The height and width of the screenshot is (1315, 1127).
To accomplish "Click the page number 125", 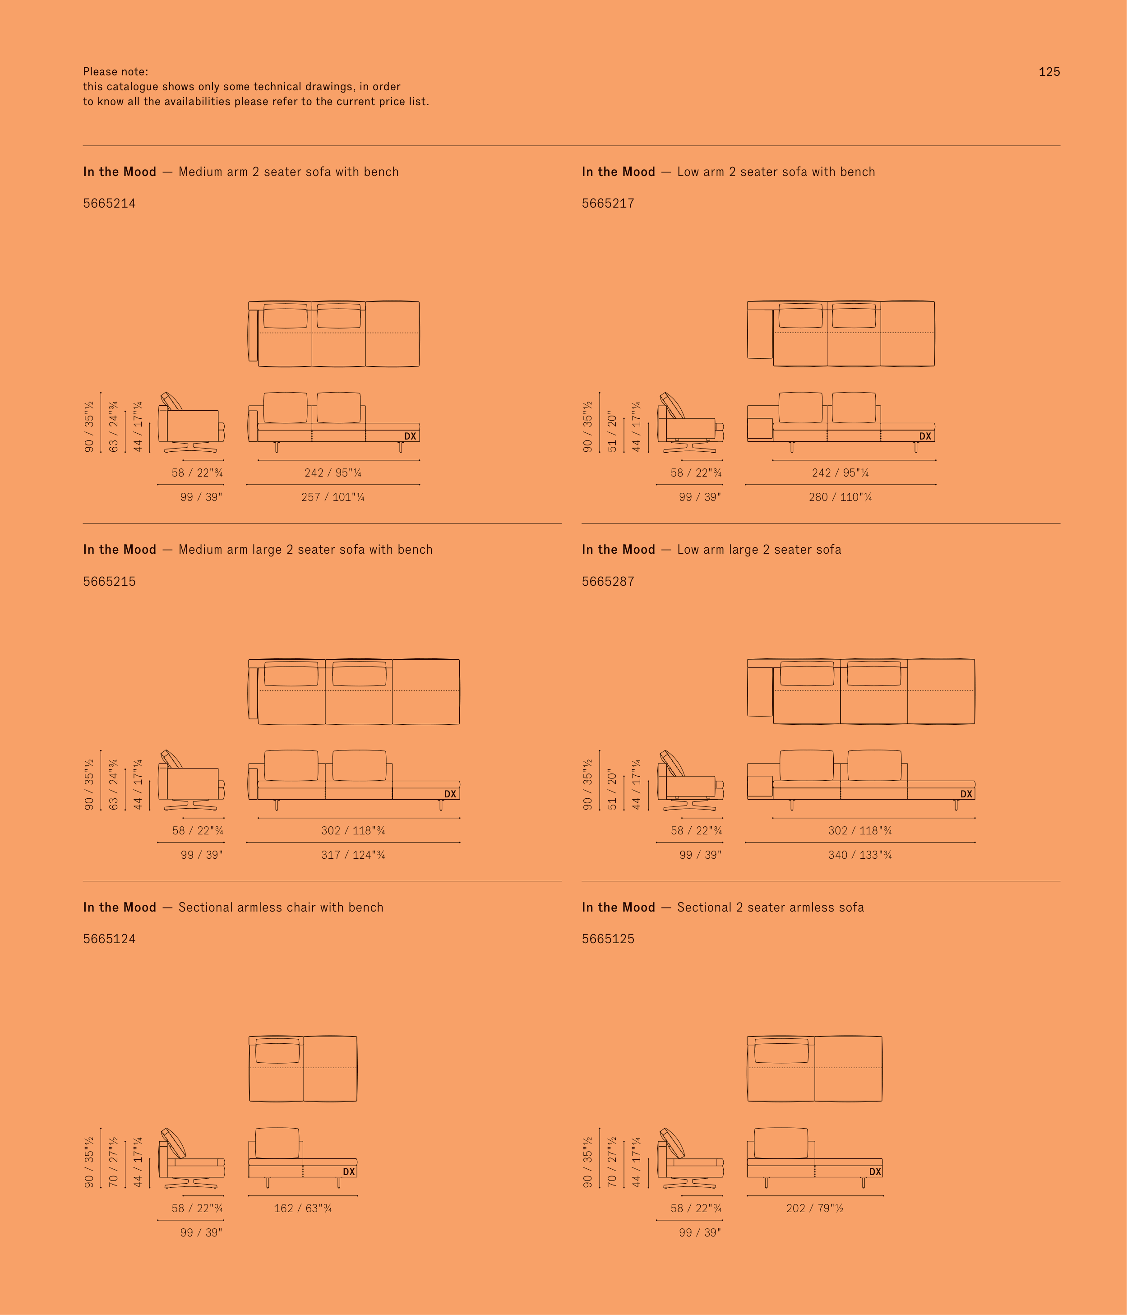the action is [1049, 72].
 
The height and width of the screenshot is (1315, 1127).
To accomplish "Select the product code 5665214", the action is [109, 203].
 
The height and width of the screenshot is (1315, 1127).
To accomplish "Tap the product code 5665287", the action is [608, 581].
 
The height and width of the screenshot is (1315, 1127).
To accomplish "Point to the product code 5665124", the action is [109, 939].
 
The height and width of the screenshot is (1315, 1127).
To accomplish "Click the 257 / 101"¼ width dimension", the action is [333, 497].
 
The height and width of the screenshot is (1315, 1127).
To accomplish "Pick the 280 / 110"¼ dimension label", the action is [840, 497].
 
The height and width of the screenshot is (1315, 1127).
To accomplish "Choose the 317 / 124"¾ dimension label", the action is [353, 855].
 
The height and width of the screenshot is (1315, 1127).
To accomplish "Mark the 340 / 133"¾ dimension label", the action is [860, 855].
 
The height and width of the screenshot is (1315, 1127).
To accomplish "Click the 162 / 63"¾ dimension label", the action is [303, 1208].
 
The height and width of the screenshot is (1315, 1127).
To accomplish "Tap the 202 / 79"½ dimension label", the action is [815, 1208].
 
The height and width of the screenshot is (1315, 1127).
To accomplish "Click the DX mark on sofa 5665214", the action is [410, 436].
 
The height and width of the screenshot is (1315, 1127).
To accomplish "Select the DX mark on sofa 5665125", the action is [875, 1171].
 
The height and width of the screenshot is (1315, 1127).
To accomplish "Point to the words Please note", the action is [115, 72].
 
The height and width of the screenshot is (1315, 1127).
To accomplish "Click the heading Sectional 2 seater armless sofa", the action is [771, 907].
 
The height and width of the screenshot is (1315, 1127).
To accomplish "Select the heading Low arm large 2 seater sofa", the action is [759, 550].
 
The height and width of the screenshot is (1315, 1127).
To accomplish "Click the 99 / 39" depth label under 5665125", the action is [700, 1232].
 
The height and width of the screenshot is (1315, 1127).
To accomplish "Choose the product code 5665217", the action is [608, 203].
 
